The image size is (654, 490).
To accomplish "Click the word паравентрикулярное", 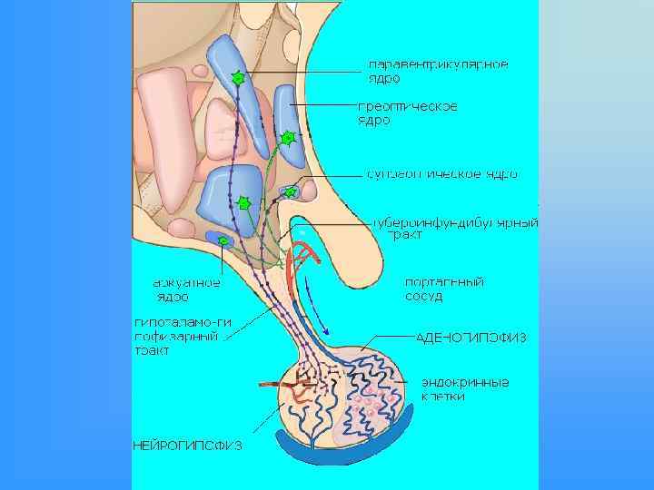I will coord(437,64).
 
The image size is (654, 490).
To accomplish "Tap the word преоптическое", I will coord(405,107).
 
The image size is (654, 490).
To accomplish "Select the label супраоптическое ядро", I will coord(442,173).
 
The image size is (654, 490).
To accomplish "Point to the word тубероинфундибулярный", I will coord(455,222).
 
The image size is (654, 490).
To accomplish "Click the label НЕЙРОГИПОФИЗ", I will coord(187,446).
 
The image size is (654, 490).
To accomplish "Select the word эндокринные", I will coord(464,382).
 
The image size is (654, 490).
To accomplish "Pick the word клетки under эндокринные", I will coord(442,397).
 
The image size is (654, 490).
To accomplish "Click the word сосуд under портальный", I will coord(424,297).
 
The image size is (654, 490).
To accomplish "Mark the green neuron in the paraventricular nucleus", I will coord(238,78).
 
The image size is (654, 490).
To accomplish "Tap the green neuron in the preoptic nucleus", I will coord(287,138).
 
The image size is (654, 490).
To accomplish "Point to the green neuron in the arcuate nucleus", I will coord(223,241).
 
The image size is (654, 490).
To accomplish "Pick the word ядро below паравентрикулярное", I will coord(384,78).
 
